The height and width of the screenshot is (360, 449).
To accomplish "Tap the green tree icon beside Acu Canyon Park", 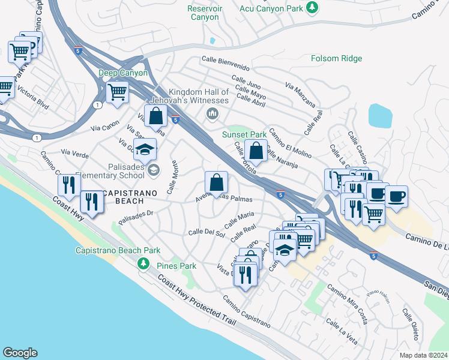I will [312, 7].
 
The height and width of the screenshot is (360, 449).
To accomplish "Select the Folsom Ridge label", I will [336, 58].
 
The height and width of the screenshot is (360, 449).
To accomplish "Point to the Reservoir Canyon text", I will [205, 13].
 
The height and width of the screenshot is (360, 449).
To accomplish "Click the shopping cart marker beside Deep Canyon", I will [117, 92].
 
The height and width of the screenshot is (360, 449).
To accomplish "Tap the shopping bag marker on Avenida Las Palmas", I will [216, 182].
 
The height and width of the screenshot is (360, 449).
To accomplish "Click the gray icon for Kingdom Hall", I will [211, 113].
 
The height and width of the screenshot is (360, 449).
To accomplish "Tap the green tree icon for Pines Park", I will [143, 263].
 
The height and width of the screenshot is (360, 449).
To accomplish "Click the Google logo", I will [20, 353].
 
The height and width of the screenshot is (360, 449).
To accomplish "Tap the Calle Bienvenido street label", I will [225, 59].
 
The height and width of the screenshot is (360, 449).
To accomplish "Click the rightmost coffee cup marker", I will [396, 196].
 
